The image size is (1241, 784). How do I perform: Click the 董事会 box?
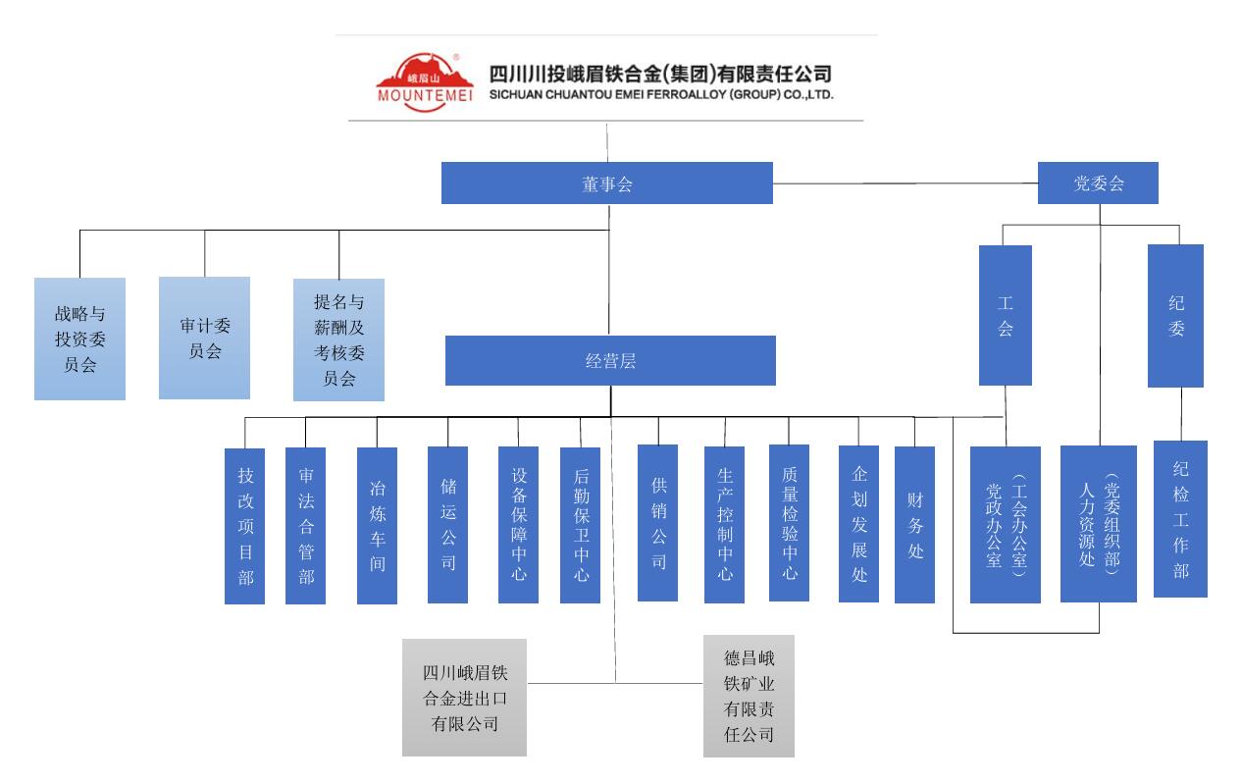pos(606,183)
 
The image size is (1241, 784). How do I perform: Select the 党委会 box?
pos(1098,183)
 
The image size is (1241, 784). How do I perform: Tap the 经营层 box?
pos(610,361)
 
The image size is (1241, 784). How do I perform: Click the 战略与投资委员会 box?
pos(79,339)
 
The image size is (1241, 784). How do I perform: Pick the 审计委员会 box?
pos(204,338)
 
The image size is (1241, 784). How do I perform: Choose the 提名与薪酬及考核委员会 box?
pos(338,340)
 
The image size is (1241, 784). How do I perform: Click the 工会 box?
pos(1005,315)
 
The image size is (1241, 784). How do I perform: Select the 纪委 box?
pos(1175,315)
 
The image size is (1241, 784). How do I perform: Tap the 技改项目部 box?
pos(244,525)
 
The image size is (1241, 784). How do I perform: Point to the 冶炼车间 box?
pos(377,525)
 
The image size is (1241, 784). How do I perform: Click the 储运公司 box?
pos(447,524)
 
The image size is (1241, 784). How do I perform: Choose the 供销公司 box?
pos(657,522)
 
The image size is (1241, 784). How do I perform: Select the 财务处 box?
pos(914,524)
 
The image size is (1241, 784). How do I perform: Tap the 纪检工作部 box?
pos(1180,518)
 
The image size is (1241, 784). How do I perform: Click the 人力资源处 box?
pos(1098,523)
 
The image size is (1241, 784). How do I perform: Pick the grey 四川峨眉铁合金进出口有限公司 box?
pos(464,698)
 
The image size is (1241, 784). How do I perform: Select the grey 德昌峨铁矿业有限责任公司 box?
pos(749,696)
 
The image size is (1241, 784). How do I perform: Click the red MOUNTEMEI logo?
pos(425,79)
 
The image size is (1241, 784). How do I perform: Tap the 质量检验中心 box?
pos(789,522)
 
